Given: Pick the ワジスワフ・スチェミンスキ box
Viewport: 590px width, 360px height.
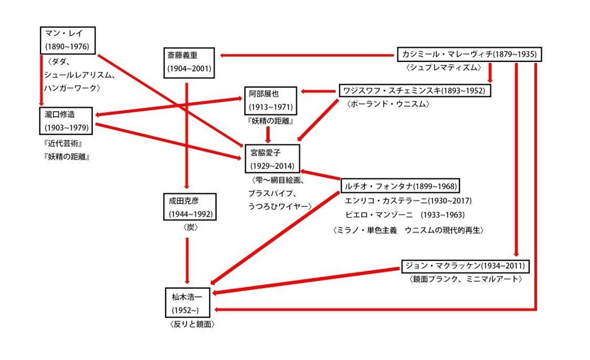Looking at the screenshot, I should [415, 91].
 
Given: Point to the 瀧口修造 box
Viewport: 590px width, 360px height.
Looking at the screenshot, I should [66, 121].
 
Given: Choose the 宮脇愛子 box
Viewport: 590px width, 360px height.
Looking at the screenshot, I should [272, 158].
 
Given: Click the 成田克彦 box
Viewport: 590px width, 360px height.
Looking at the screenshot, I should [188, 207].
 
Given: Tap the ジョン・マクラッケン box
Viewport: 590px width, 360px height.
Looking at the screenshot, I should [465, 266].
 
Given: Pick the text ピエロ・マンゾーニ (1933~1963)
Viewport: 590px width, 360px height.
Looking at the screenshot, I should [405, 215].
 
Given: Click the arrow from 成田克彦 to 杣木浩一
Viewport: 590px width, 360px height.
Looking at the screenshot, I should [188, 260].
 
